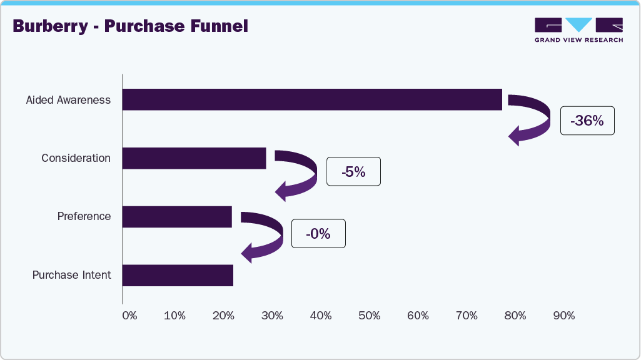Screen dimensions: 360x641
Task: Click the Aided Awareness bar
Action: tap(312, 100)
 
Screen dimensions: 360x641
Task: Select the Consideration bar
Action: tap(194, 158)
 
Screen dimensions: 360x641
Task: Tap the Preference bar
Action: tap(177, 217)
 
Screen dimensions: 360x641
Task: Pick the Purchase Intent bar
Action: tap(178, 275)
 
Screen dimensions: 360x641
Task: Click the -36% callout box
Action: tap(587, 121)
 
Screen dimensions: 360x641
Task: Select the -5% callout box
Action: tap(353, 171)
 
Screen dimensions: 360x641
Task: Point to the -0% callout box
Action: tap(318, 234)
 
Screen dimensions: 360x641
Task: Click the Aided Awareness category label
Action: tap(68, 100)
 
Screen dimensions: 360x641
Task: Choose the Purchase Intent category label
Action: tap(71, 275)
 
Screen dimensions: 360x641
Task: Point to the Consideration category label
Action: tap(76, 158)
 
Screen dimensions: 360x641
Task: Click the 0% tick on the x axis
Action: tap(129, 316)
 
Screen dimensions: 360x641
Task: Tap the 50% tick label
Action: tap(370, 316)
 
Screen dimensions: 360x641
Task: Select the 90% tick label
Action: tap(564, 316)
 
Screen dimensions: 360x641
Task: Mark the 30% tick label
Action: tap(272, 316)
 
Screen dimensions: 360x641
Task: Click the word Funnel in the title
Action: tap(218, 26)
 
